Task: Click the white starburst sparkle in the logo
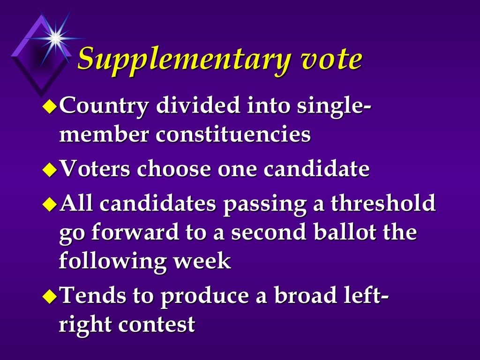pos(55,38)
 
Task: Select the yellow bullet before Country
pos(50,107)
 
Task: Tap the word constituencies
pos(233,134)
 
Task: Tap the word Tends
pos(94,294)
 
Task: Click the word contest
pos(157,324)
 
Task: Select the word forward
pos(135,231)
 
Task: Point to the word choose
pos(174,168)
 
